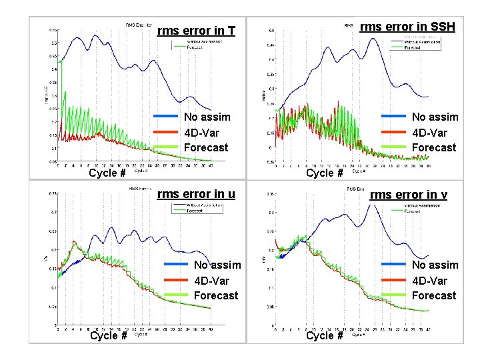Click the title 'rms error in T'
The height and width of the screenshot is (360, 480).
pyautogui.click(x=195, y=31)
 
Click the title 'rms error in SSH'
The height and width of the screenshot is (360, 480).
pyautogui.click(x=407, y=27)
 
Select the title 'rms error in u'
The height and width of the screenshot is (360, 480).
pyautogui.click(x=195, y=194)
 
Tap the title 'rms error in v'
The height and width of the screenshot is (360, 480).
pyautogui.click(x=408, y=194)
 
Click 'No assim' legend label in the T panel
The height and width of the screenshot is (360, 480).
pyautogui.click(x=207, y=117)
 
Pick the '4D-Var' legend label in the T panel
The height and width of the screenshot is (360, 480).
pyautogui.click(x=201, y=132)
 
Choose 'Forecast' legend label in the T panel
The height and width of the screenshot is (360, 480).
pyautogui.click(x=206, y=147)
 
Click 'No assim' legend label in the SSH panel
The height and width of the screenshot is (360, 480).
pyautogui.click(x=435, y=117)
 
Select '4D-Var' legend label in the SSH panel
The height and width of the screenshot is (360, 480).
pyautogui.click(x=429, y=132)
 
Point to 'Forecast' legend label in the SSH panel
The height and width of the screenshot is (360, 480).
pyautogui.click(x=434, y=147)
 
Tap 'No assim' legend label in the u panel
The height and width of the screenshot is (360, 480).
pyautogui.click(x=217, y=265)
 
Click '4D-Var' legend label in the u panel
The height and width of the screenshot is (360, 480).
pyautogui.click(x=211, y=280)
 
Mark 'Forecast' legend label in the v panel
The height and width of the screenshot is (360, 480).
pyautogui.click(x=434, y=295)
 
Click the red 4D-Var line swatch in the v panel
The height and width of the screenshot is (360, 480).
pyautogui.click(x=393, y=281)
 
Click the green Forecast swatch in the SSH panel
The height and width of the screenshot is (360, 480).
pyautogui.click(x=393, y=147)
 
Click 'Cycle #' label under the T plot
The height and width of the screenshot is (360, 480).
pyautogui.click(x=107, y=173)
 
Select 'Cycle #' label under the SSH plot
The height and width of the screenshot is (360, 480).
pyautogui.click(x=324, y=173)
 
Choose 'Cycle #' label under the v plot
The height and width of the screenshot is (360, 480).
pyautogui.click(x=324, y=335)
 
